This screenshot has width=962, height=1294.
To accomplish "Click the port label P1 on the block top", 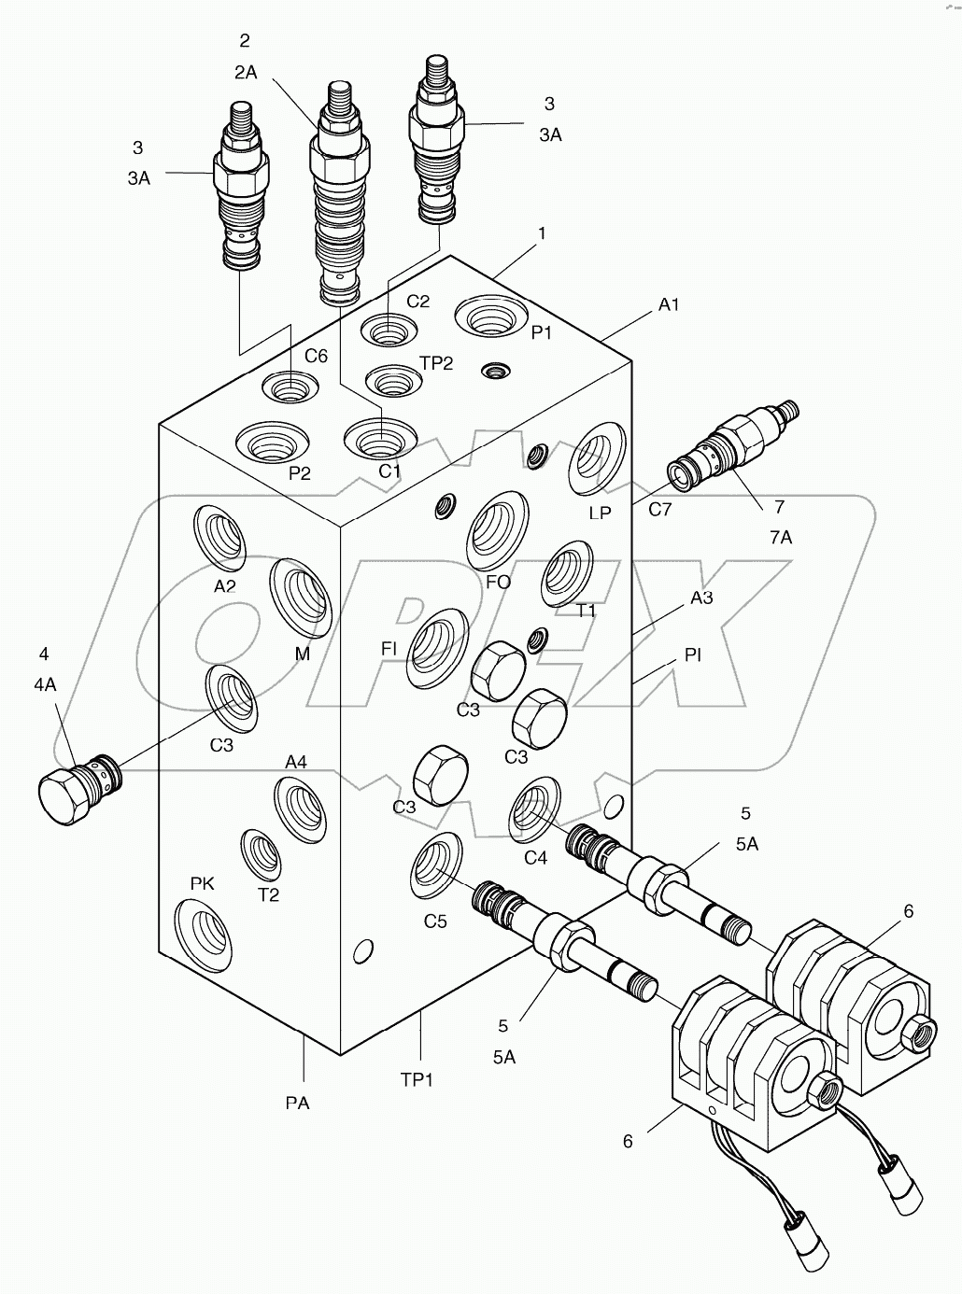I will pos(542,332).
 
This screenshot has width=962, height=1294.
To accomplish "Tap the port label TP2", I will pos(435,363).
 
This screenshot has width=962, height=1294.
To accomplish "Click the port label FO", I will pos(498,582).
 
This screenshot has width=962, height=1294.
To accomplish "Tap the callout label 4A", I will pos(45,684).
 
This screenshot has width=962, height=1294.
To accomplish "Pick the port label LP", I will pos(600,513).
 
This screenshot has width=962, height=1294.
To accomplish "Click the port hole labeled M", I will pos(301,597).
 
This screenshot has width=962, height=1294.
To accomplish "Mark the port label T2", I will pos(268,894).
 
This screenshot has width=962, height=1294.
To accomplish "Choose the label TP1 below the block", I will pos(417,1079).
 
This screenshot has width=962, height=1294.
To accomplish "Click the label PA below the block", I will pos(297,1103).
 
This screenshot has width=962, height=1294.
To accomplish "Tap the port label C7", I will pos(660,509).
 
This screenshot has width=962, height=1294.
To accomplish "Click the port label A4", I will pos(296,762).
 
